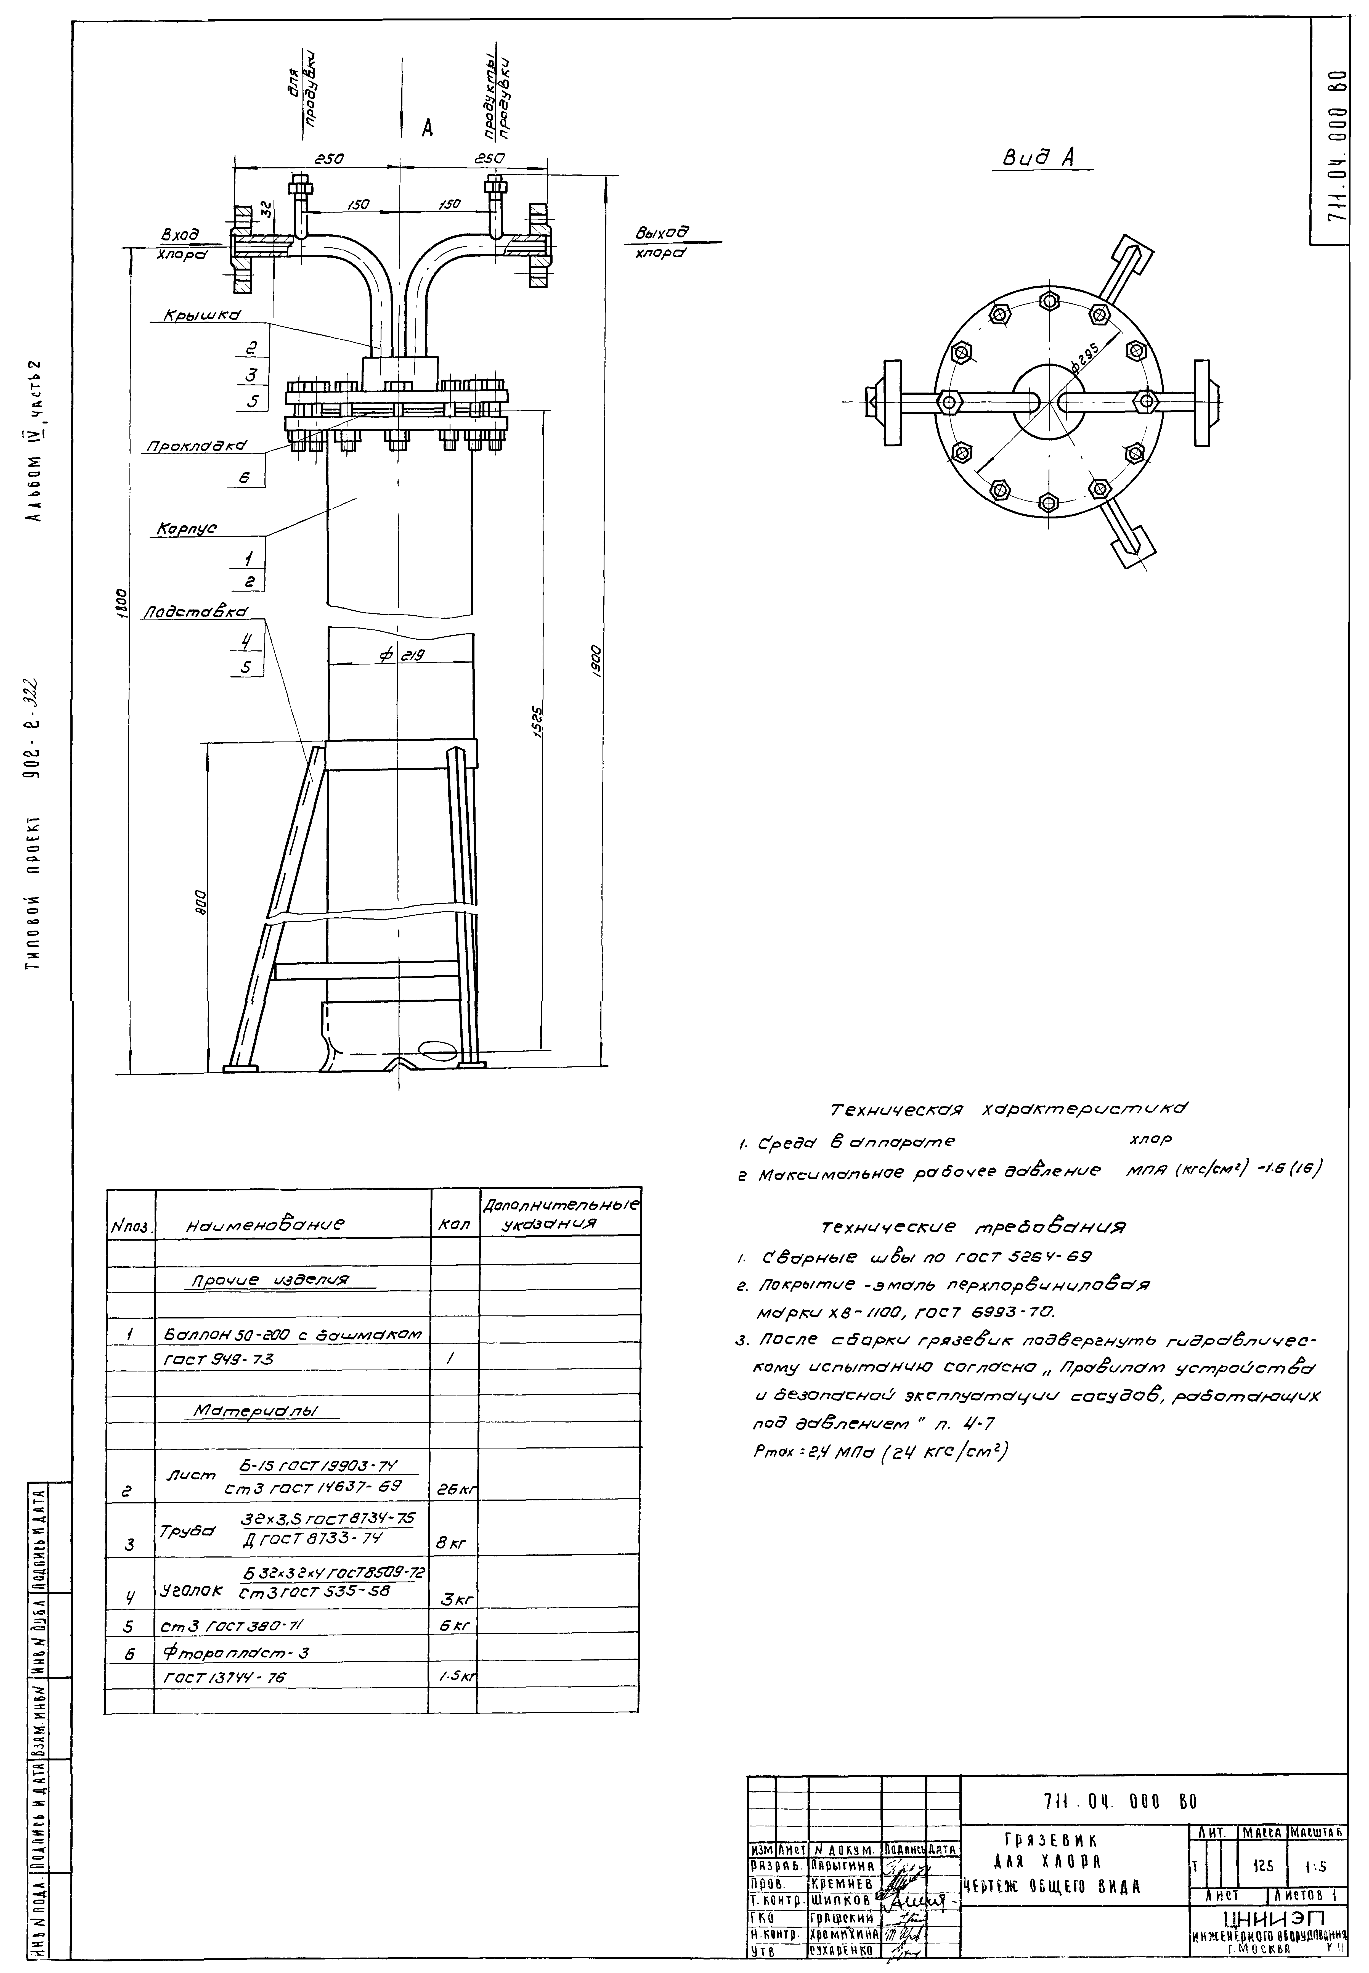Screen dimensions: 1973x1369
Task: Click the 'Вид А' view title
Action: (x=1040, y=158)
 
